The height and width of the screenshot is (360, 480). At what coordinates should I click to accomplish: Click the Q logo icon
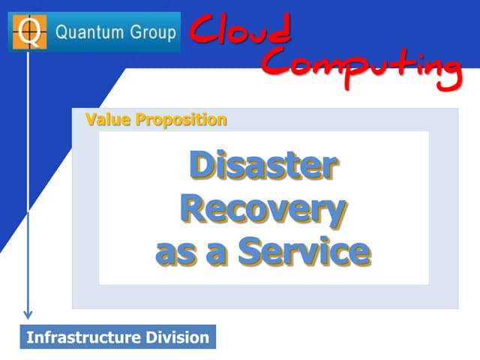pos(31,31)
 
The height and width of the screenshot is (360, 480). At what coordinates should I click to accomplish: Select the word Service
pos(304,252)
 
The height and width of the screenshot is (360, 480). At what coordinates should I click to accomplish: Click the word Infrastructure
pos(83,337)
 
